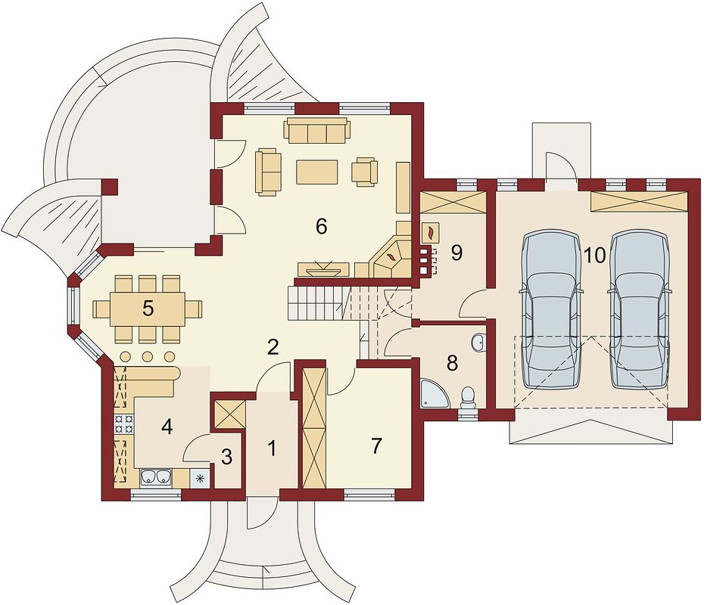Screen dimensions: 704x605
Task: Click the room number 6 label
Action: coord(321,226)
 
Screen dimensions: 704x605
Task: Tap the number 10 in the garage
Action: coord(595,255)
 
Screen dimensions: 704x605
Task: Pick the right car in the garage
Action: coord(640,310)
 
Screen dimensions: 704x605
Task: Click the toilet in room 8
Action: coord(468,398)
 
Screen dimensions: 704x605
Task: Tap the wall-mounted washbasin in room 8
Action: coord(478,342)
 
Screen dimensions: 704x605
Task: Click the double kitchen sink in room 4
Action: coord(156,478)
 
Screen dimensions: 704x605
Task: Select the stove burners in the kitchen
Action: coord(124,423)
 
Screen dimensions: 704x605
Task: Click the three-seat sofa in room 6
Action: coord(316,130)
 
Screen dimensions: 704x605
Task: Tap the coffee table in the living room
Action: coord(317,172)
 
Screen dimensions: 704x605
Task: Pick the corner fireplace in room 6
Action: coord(390,257)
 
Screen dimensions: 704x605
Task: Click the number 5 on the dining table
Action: coord(148,309)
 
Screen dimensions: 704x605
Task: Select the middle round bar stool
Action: coord(147,356)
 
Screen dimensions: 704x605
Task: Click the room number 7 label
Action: coord(375,445)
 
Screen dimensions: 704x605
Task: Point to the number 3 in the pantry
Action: coord(227,457)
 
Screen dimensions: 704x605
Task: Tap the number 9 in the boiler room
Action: coord(456,253)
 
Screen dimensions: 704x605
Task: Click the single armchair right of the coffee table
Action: coord(365,172)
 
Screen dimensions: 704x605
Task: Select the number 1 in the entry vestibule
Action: coord(271,448)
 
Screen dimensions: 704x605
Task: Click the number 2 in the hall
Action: coord(273,346)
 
